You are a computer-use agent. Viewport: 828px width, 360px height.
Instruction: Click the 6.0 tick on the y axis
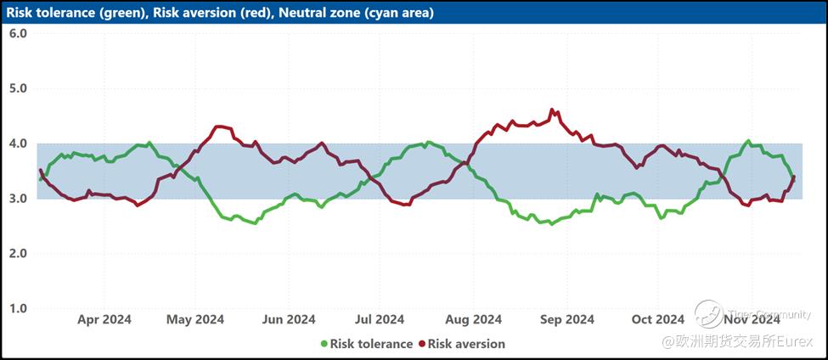18,33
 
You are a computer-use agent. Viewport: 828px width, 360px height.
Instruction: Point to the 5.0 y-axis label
18,88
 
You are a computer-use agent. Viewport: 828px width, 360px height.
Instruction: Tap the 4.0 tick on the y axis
18,143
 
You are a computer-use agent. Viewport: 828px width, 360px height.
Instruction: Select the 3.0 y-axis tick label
18,199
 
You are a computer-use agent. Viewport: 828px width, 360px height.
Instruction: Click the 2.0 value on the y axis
18,254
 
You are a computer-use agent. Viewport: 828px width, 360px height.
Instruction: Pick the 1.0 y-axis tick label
18,308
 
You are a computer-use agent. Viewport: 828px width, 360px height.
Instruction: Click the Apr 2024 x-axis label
104,319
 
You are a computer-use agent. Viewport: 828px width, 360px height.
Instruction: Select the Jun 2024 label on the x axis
289,319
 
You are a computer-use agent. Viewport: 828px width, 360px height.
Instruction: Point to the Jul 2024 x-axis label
379,319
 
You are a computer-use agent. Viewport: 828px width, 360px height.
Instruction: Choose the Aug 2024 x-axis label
473,319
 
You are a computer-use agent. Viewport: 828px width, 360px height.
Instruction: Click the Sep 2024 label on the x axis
566,319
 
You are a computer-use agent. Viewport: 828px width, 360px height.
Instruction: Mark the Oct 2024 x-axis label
658,319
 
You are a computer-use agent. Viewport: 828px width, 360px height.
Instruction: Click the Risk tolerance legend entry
371,344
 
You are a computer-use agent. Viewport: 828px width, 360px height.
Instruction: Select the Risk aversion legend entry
466,344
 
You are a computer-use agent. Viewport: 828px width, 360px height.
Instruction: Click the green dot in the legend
324,344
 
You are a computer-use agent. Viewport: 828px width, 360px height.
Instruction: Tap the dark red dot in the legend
421,344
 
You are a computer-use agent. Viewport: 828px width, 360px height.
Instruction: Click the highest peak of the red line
552,110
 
